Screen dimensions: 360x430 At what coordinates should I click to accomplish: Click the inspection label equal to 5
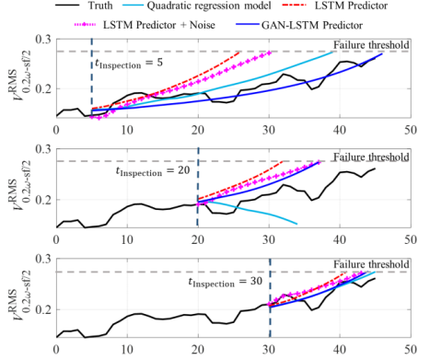[129, 64]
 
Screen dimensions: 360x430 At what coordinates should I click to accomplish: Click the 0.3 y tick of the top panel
[44, 41]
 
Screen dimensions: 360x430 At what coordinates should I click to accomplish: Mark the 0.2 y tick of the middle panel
[44, 201]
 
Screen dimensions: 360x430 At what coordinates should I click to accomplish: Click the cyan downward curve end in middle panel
[296, 223]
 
